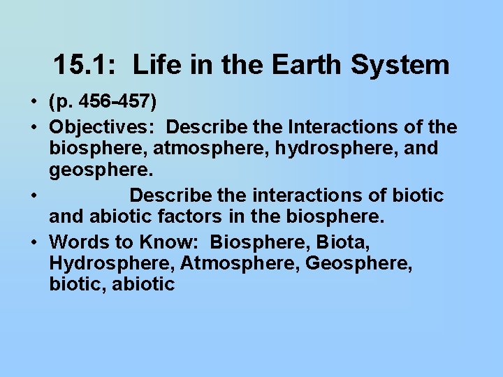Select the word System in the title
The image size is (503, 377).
(400, 66)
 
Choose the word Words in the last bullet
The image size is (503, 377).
(76, 242)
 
